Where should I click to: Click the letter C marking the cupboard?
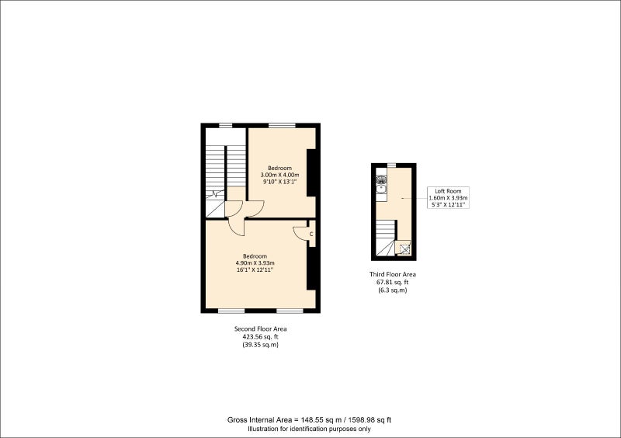coord(311,235)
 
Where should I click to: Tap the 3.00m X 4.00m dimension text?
coord(279,175)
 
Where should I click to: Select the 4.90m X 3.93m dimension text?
coord(255,262)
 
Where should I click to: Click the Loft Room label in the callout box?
coord(448,191)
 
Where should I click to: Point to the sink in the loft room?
coord(381,189)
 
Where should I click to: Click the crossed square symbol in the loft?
coord(404,249)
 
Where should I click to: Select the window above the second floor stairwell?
coord(226,126)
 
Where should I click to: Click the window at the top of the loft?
coord(392,165)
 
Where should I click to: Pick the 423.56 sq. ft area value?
coord(260,337)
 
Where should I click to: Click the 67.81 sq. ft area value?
coord(392,282)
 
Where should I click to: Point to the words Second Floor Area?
coord(260,329)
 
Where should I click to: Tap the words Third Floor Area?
coord(393,274)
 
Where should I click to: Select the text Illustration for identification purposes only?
coord(309,429)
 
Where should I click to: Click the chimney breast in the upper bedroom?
coord(311,172)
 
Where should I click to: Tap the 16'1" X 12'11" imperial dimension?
coord(255,270)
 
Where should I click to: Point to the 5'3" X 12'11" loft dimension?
coord(448,205)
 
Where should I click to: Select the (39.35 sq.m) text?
coord(260,345)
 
